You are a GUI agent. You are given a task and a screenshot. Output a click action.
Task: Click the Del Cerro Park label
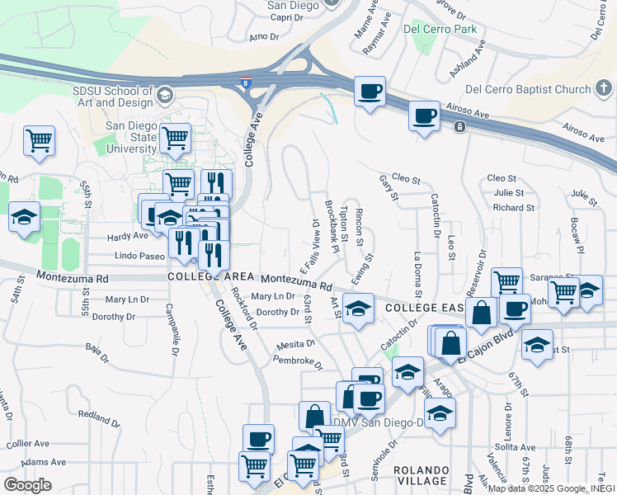pyautogui.click(x=441, y=29)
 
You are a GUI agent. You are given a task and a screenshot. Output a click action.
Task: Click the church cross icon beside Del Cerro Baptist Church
pyautogui.click(x=604, y=88)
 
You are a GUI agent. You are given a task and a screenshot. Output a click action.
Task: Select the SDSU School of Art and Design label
pyautogui.click(x=114, y=96)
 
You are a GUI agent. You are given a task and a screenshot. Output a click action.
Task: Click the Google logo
pyautogui.click(x=27, y=484)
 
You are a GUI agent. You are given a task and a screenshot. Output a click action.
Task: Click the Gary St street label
pyautogui.click(x=389, y=188)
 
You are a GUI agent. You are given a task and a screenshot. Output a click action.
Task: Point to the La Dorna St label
pyautogui.click(x=418, y=274)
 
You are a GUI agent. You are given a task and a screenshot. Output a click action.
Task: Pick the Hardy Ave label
pyautogui.click(x=128, y=236)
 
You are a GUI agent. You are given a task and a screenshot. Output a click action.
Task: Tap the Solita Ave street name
pyautogui.click(x=516, y=446)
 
